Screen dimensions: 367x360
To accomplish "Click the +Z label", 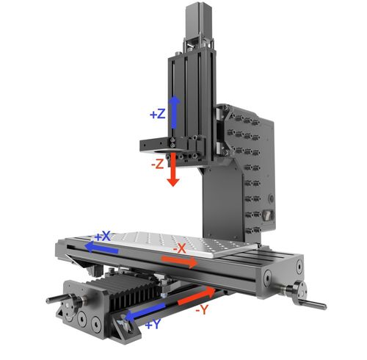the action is (x=158, y=114).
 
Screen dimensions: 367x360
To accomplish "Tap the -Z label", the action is (x=158, y=164).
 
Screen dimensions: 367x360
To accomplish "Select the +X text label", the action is (x=103, y=237).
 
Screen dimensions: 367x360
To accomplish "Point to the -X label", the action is (x=180, y=249).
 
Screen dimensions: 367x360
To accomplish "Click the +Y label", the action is (x=153, y=325).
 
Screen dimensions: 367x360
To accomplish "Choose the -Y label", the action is (x=202, y=310).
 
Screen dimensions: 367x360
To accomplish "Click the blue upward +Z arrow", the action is (x=174, y=112).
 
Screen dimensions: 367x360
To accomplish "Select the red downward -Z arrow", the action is (x=173, y=170).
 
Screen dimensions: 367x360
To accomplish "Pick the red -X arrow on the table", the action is (x=179, y=261).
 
